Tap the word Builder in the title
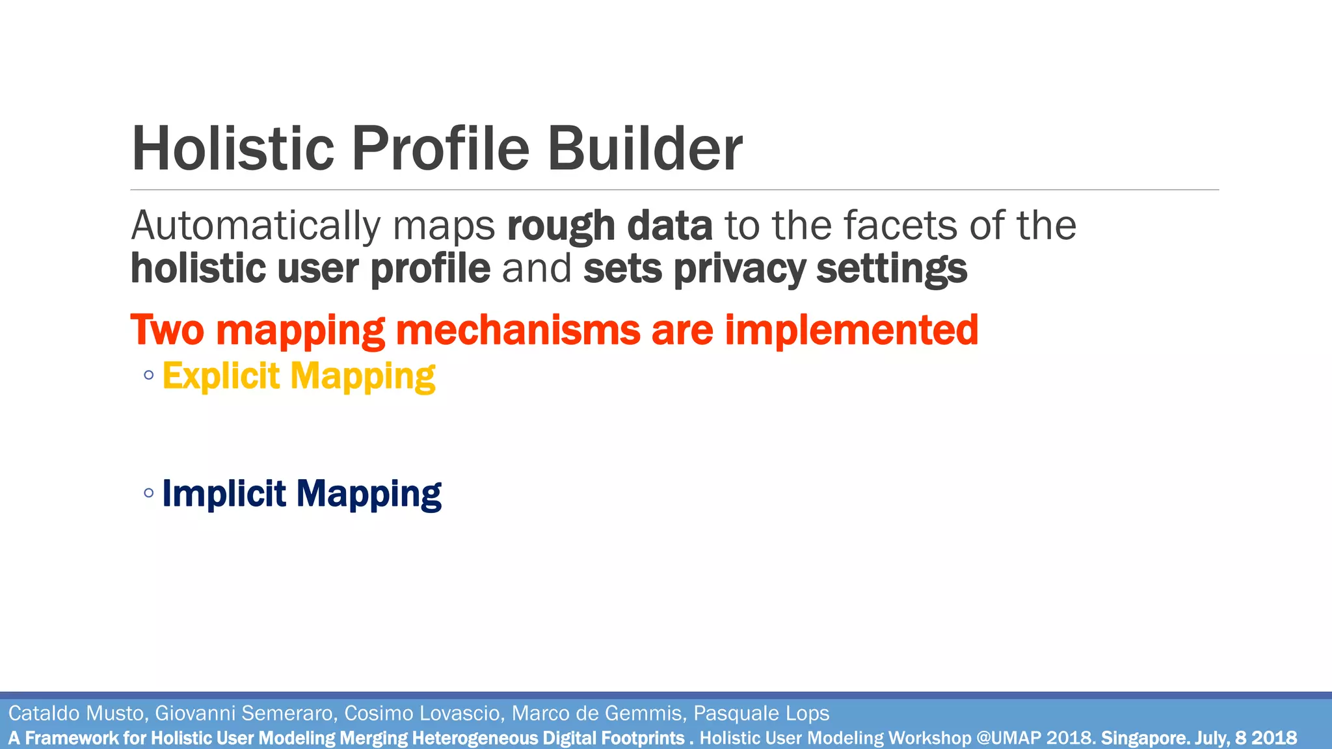[645, 149]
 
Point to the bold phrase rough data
[609, 226]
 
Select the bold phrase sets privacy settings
[775, 269]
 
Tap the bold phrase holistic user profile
[310, 269]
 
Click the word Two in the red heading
[167, 330]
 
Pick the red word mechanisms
[518, 330]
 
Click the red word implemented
[851, 330]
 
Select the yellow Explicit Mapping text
[299, 376]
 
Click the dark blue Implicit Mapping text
[302, 493]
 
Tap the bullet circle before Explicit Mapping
[149, 375]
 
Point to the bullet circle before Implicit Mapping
[149, 493]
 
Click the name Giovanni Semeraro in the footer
[245, 713]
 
